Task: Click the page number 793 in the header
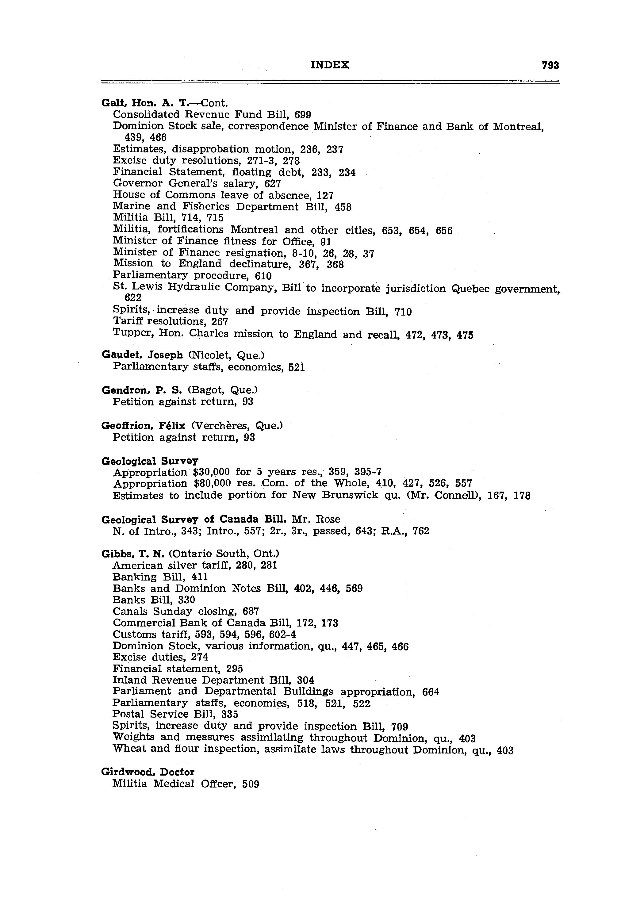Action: [550, 65]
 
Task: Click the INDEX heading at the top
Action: [329, 65]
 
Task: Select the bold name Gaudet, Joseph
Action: [142, 355]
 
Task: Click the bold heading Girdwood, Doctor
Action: [148, 772]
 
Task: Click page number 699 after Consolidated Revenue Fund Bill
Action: [303, 115]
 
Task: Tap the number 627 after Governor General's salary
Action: [273, 184]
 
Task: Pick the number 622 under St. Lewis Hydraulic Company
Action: [133, 298]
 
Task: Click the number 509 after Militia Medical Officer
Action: [251, 784]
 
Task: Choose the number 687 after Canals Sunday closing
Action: [251, 611]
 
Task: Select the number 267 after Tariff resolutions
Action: [220, 322]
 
